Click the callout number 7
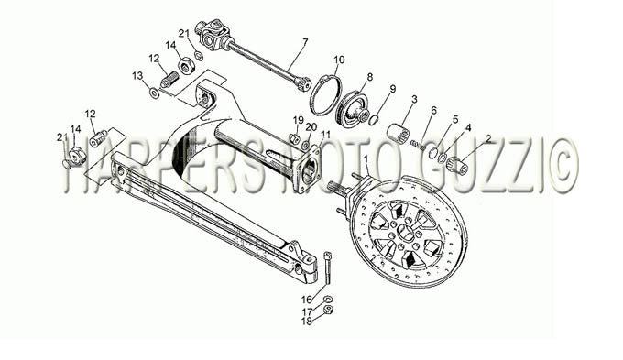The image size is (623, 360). (x=305, y=41)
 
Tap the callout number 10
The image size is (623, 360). (x=339, y=60)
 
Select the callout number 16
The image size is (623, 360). (x=307, y=300)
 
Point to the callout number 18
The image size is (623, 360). (x=307, y=322)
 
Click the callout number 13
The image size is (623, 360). (x=137, y=75)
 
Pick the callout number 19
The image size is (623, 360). (x=299, y=120)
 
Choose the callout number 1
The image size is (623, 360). (x=366, y=159)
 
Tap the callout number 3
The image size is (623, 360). (x=414, y=99)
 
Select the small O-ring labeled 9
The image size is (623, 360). (x=374, y=119)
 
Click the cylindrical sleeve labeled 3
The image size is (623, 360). (x=398, y=132)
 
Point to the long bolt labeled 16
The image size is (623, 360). (x=328, y=268)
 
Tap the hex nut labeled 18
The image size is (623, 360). (x=328, y=310)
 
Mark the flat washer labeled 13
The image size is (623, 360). (x=154, y=93)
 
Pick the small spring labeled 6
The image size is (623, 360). (x=418, y=145)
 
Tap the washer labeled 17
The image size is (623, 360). (x=328, y=299)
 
